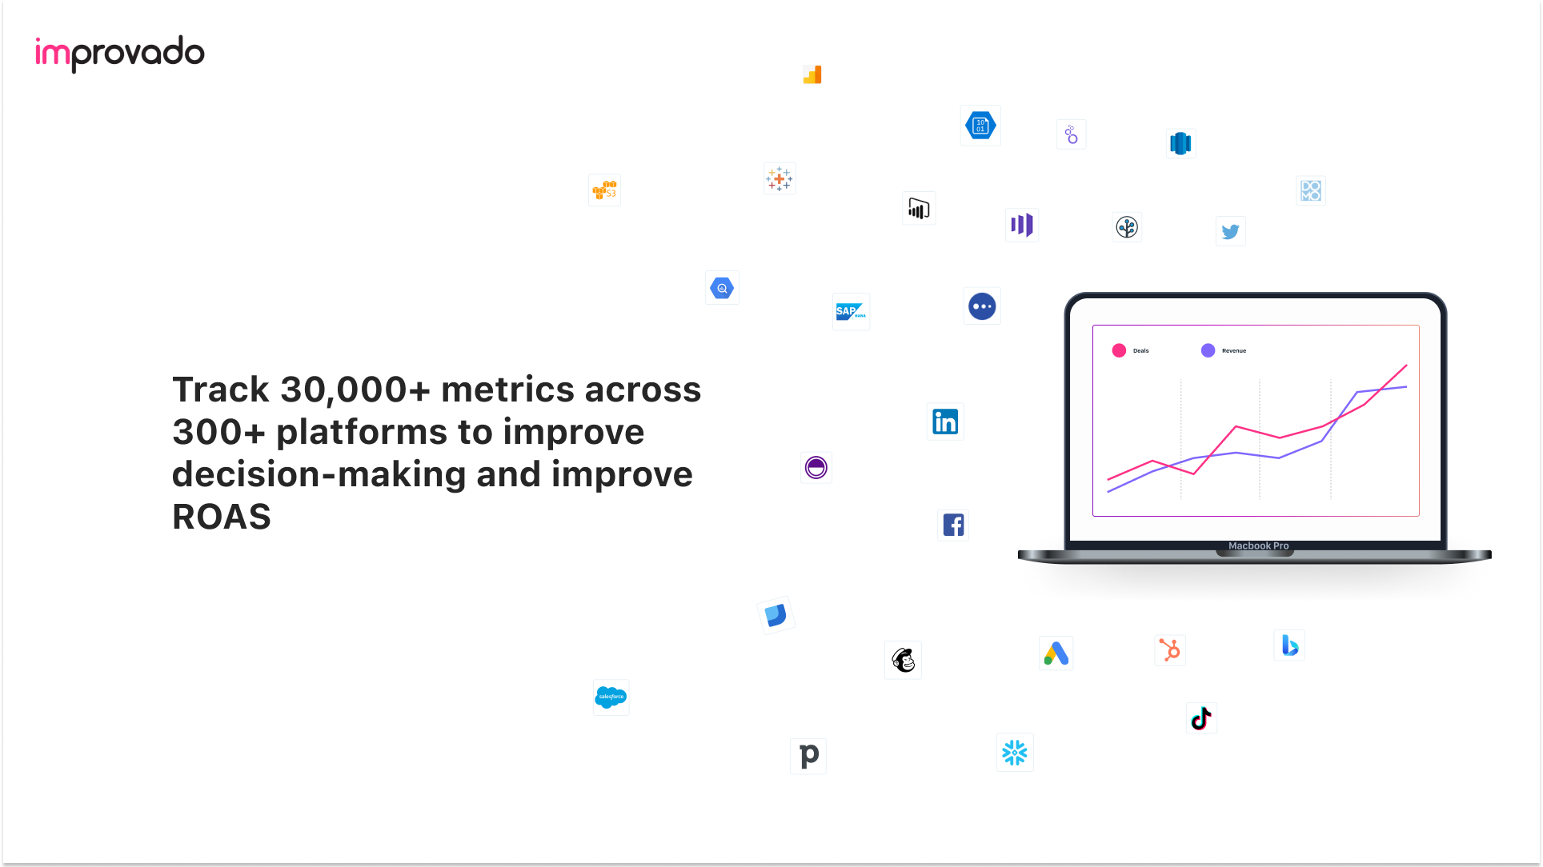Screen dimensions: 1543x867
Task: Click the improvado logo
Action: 120,54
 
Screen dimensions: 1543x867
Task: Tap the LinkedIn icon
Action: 945,422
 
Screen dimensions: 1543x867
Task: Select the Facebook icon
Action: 953,525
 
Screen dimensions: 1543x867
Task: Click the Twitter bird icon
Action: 1230,231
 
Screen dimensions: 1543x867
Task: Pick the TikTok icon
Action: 1201,718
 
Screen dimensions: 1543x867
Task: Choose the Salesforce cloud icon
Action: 611,697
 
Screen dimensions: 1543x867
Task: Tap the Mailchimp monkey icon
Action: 904,660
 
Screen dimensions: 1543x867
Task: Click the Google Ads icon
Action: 1056,653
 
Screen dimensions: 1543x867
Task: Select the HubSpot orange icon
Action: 1170,650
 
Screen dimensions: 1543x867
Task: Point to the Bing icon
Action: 1289,645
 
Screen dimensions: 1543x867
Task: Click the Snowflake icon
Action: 1015,752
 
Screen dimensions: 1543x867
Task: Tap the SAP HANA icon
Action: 851,311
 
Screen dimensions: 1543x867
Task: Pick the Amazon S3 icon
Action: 604,190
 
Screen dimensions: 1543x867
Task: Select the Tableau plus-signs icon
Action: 780,178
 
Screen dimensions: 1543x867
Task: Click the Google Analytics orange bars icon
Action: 812,74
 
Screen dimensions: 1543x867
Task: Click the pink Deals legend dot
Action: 1119,350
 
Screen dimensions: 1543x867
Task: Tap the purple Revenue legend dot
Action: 1208,350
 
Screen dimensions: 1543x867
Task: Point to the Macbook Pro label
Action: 1258,545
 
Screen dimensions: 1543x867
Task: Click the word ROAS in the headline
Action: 222,517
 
